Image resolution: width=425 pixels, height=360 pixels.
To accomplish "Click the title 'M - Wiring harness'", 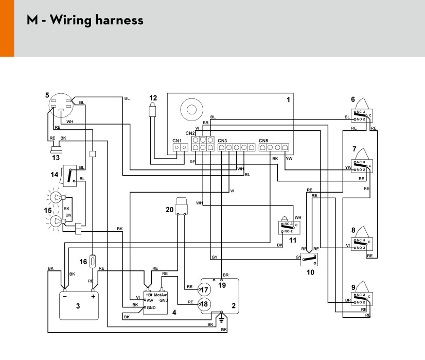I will [x=85, y=21].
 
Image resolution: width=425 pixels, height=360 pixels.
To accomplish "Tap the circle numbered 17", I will [x=205, y=290].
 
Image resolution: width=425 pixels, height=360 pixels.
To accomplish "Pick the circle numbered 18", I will [x=205, y=304].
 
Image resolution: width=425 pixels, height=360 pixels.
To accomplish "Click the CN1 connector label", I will [x=176, y=141].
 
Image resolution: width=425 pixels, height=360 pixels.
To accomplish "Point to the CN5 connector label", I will [x=263, y=141].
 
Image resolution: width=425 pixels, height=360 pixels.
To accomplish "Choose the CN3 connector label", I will [x=222, y=141].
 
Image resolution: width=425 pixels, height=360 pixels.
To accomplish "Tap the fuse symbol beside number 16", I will [x=93, y=261].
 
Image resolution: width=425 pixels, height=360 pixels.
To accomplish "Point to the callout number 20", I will [x=170, y=209].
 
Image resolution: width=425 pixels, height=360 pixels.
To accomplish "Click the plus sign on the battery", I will [x=93, y=297].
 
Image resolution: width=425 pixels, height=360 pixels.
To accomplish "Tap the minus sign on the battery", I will [x=64, y=297].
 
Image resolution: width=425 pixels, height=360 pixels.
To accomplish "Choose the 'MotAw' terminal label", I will [x=161, y=295].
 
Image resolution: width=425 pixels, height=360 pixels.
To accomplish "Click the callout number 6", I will [x=352, y=100].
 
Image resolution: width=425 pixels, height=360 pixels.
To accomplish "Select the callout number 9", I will [x=352, y=287].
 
